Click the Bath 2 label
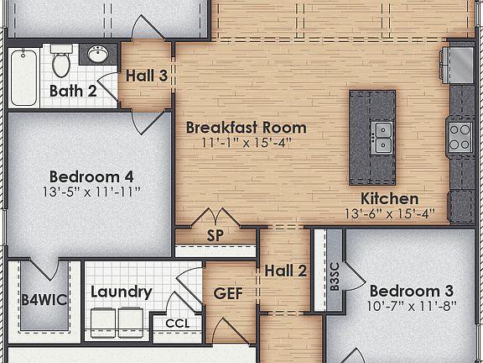click(x=73, y=90)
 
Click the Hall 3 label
click(x=147, y=76)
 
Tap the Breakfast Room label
click(x=246, y=128)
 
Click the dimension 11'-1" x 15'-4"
click(x=246, y=144)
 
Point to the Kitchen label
click(x=389, y=199)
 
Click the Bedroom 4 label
click(x=91, y=176)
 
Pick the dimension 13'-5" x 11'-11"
click(x=91, y=192)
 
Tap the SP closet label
click(x=216, y=235)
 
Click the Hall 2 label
click(x=285, y=271)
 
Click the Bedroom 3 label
click(x=411, y=291)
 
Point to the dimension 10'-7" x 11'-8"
click(x=411, y=306)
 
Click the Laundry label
click(x=121, y=292)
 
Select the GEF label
click(x=228, y=293)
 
